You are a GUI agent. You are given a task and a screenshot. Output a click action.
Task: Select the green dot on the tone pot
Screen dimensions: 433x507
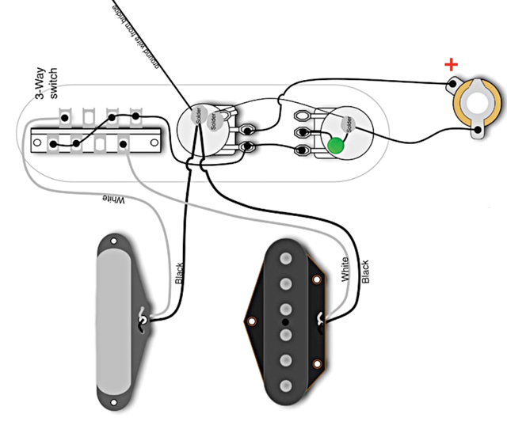pos(336,146)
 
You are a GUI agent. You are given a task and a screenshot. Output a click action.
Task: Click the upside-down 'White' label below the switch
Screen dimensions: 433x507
pos(113,201)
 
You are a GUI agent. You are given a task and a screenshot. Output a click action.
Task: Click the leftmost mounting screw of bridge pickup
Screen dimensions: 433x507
pos(251,322)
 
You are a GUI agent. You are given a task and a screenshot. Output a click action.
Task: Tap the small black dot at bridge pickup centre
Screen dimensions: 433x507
pos(283,323)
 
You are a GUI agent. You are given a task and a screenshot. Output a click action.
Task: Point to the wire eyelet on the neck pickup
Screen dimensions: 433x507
pos(143,318)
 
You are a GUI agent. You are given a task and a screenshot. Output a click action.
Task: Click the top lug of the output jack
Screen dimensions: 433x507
pos(452,85)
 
